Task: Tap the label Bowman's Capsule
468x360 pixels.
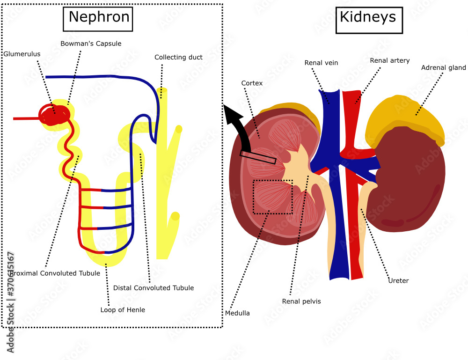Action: [91, 44]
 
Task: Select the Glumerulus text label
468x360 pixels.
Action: [22, 54]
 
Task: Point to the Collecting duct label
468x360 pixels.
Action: [178, 57]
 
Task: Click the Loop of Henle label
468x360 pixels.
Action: [123, 310]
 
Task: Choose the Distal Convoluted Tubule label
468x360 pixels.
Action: [153, 288]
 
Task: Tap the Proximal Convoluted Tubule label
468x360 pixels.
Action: [56, 273]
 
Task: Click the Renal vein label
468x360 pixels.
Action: [321, 63]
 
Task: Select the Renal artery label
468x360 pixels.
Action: [389, 60]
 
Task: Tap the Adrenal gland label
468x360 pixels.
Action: [443, 68]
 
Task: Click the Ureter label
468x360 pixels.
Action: [398, 281]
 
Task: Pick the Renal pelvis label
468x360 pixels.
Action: [301, 301]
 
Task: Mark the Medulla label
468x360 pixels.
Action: [237, 313]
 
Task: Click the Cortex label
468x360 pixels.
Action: [252, 83]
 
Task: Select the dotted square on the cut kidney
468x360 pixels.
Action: [273, 197]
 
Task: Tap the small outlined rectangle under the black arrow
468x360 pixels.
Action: [258, 157]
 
